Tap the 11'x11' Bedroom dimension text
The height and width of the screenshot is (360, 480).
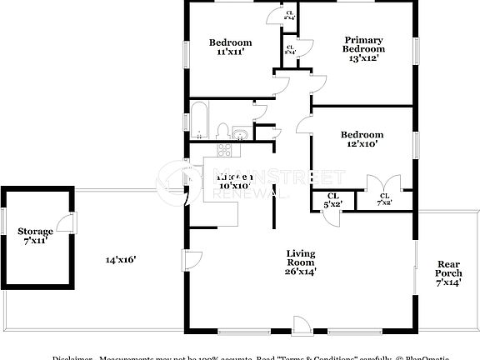point(231,52)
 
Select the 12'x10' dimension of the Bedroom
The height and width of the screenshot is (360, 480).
point(361,143)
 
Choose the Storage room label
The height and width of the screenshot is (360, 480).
point(36,231)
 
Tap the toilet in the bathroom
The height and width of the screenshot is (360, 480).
point(222,131)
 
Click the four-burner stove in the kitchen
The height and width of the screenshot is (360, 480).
point(223,150)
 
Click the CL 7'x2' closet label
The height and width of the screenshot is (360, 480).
point(384,198)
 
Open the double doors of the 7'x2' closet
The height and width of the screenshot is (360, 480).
point(373,183)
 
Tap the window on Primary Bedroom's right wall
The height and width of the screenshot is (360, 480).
point(416,49)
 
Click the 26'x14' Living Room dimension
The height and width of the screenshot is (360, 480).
point(300,270)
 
